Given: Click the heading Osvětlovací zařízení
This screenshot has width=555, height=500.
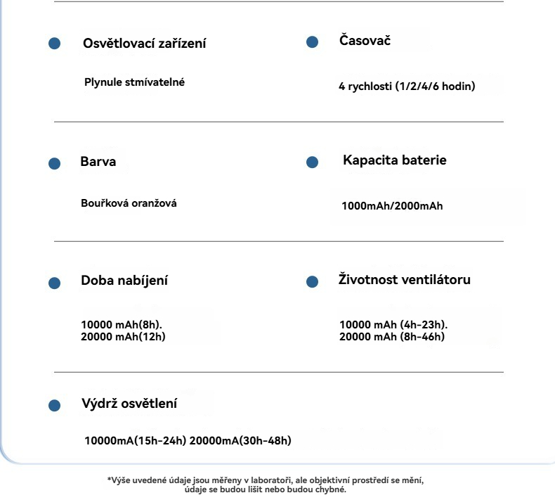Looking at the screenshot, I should coord(145,44).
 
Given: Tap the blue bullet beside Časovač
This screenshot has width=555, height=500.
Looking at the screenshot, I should coord(313,42).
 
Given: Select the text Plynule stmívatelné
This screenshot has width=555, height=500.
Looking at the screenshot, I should coord(135,82).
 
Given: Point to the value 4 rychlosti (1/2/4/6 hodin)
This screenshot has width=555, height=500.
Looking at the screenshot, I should coord(407,87).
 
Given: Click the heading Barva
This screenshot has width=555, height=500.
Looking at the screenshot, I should coord(98,162).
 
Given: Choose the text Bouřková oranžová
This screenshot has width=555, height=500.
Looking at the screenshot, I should coord(129,203).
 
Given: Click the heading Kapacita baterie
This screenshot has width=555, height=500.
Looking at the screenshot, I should coord(394,160).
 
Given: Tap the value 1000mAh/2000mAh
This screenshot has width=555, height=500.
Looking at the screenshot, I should coord(392,207).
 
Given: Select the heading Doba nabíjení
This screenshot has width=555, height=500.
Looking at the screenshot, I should coord(124,281).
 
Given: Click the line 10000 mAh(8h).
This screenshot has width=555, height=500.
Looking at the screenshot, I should coord(122,325).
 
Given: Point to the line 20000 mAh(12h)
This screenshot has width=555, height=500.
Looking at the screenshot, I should coord(124,337).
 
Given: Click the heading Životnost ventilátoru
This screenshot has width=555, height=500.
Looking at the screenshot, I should coord(404,280).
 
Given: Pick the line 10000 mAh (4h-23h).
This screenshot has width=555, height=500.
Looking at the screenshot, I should coord(393,325).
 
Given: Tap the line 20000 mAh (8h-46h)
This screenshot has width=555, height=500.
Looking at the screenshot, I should coord(392,337).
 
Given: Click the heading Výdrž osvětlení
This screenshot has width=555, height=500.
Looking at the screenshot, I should coord(129,404).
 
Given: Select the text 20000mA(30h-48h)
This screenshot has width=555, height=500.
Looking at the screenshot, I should coord(240,441).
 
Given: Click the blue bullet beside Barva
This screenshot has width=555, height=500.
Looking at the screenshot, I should coord(54,164).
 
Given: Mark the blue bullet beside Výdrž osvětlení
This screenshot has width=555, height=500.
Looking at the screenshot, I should coord(54,406).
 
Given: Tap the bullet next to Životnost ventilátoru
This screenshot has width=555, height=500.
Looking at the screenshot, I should coord(313,281).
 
